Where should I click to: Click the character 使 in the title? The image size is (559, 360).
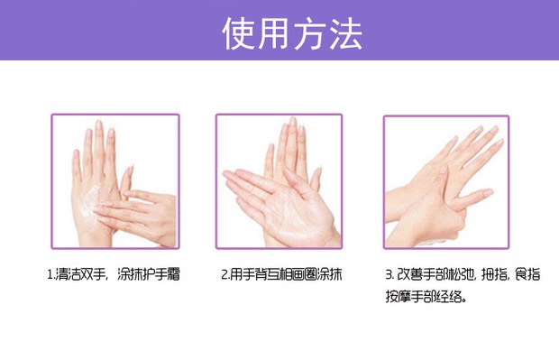pyautogui.click(x=238, y=33)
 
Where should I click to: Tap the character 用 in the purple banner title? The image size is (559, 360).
pyautogui.click(x=273, y=33)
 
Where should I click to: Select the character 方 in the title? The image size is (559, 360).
pyautogui.click(x=308, y=33)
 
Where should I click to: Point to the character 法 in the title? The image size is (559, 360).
pyautogui.click(x=345, y=33)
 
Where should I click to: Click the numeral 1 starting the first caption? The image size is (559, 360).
pyautogui.click(x=50, y=274)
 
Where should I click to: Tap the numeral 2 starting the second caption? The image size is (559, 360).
pyautogui.click(x=225, y=274)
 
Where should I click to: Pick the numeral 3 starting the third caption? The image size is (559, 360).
pyautogui.click(x=389, y=274)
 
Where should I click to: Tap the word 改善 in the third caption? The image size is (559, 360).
pyautogui.click(x=409, y=274)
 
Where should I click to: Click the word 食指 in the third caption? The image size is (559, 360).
pyautogui.click(x=528, y=274)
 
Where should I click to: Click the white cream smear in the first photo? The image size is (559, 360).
pyautogui.click(x=90, y=201)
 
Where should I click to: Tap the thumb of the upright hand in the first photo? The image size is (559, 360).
pyautogui.click(x=125, y=182)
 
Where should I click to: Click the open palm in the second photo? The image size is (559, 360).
pyautogui.click(x=296, y=214)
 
